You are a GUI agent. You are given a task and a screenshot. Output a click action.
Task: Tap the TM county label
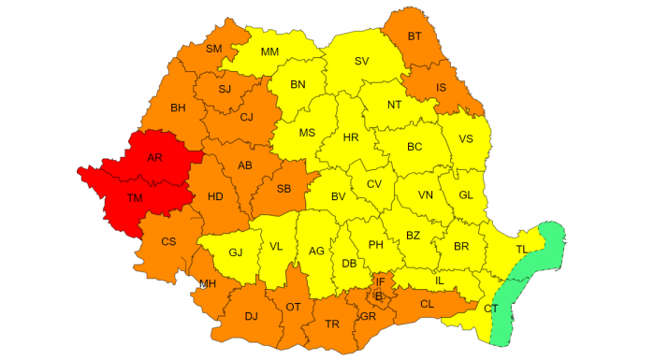tap(135, 198)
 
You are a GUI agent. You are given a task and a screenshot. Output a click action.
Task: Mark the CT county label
tap(491, 308)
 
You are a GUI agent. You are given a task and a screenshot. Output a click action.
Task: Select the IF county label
tap(380, 281)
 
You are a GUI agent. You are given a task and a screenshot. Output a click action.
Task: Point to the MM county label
tap(270, 52)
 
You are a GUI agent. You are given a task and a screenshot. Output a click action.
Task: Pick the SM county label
tap(214, 49)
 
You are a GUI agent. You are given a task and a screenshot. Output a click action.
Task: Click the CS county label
tap(168, 242)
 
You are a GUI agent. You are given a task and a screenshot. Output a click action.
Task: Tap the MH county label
tap(208, 283)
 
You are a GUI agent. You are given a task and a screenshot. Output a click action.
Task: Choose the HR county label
tap(351, 137)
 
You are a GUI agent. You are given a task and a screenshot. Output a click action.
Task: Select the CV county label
tap(374, 184)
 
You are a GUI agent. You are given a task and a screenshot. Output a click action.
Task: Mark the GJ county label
tap(236, 252)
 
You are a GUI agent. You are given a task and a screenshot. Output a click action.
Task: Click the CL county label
tap(427, 304)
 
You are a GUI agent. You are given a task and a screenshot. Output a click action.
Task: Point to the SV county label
tap(361, 62)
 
